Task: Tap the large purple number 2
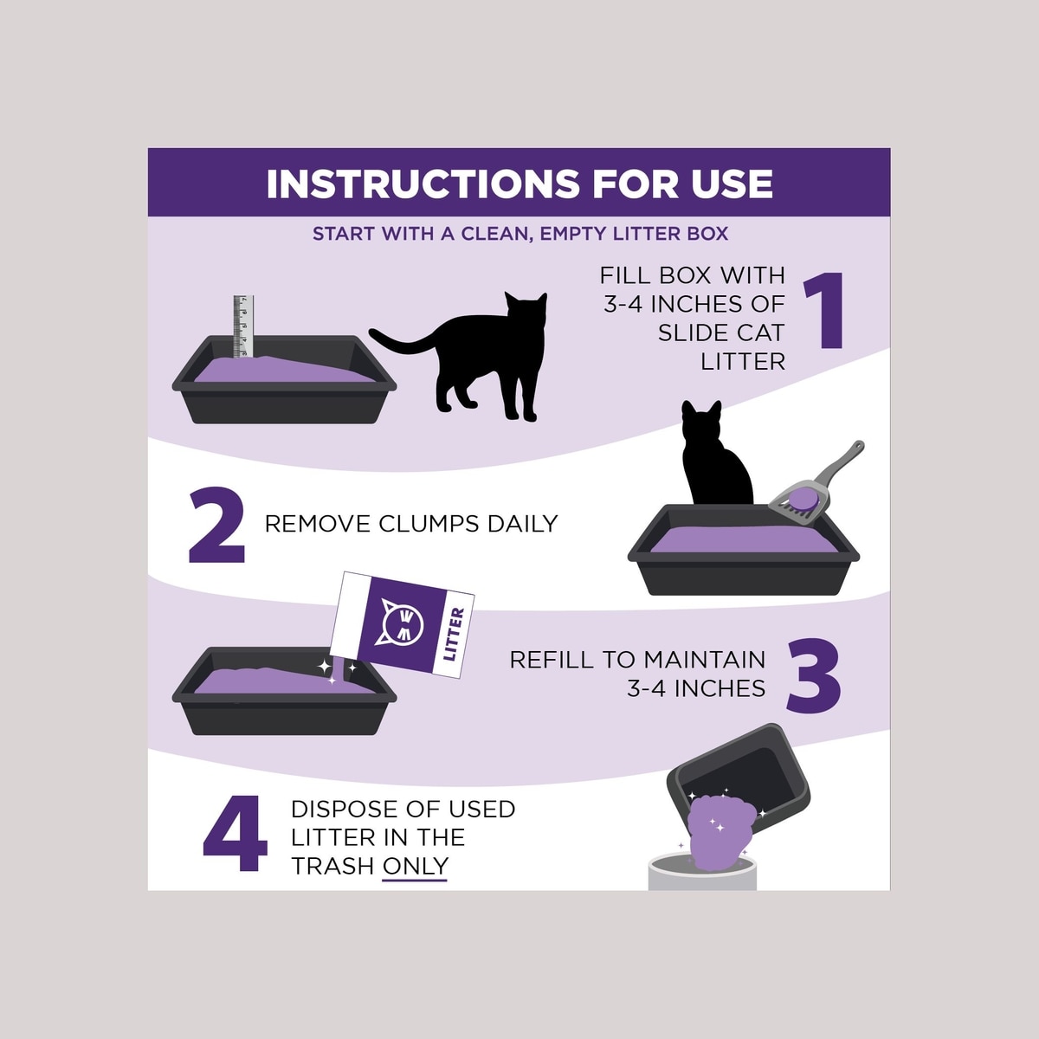(x=216, y=525)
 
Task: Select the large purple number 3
(x=813, y=675)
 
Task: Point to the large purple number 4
(x=236, y=833)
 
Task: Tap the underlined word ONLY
(x=416, y=867)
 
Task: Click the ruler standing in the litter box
(x=242, y=326)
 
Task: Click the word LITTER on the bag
(x=452, y=634)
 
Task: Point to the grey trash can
(x=702, y=873)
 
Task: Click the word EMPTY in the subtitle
(x=572, y=234)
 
